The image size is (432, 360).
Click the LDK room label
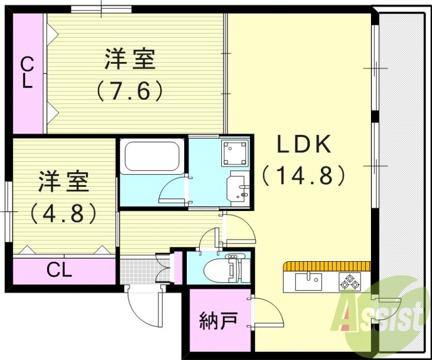(303, 145)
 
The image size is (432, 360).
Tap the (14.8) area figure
(303, 175)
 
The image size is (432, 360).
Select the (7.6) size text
(130, 91)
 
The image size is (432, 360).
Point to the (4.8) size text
(64, 213)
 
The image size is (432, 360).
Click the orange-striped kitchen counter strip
(326, 266)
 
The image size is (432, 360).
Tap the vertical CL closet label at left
(27, 73)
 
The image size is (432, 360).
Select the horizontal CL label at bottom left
(59, 270)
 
